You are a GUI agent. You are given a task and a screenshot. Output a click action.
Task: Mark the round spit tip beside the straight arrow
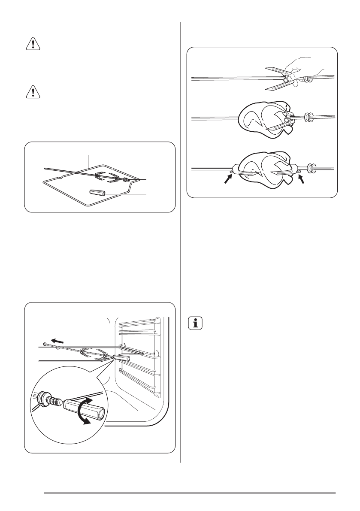[x=45, y=345]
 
